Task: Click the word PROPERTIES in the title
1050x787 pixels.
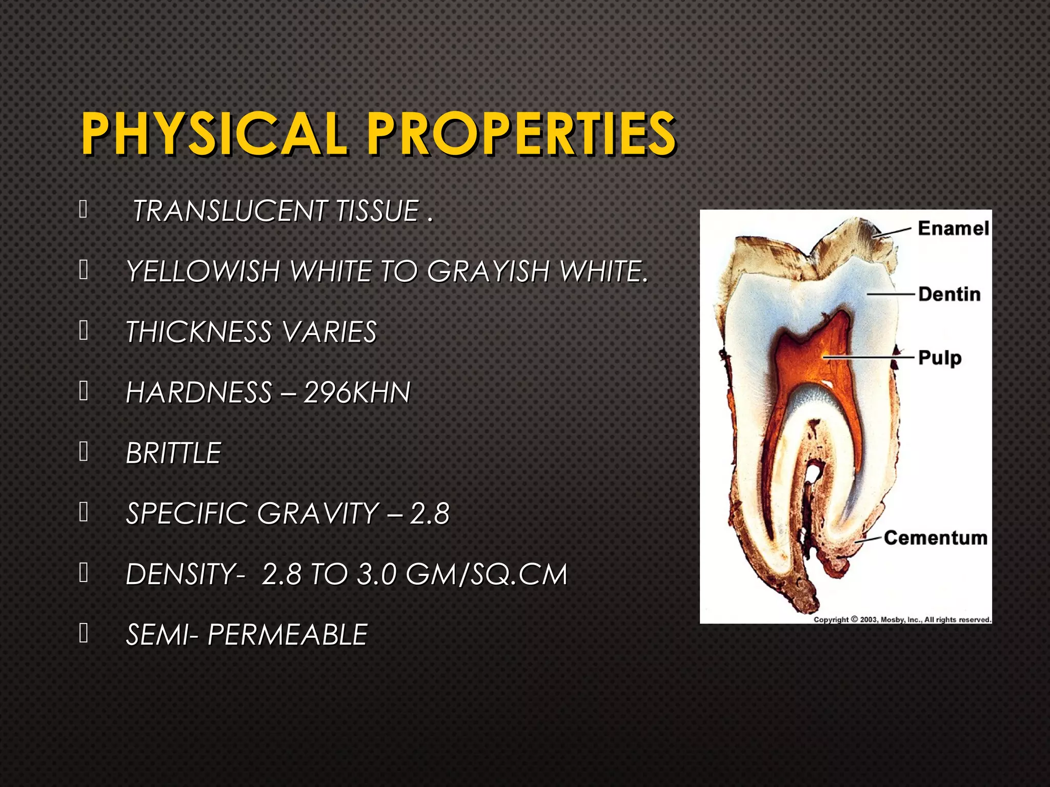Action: coord(521,134)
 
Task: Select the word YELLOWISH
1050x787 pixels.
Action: coord(203,271)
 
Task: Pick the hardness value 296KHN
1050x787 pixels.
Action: coord(357,393)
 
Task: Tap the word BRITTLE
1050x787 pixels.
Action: coord(173,453)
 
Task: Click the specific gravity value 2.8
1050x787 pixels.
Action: coord(430,514)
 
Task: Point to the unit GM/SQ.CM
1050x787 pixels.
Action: coord(487,574)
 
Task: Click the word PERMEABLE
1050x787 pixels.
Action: coord(288,635)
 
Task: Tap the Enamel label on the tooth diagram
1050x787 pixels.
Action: coord(953,229)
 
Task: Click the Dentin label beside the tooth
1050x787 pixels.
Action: coord(949,295)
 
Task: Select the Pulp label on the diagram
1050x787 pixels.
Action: coord(939,358)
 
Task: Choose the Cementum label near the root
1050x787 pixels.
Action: coord(935,538)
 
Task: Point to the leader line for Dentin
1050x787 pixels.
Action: coord(891,294)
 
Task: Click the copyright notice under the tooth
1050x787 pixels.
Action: coord(902,619)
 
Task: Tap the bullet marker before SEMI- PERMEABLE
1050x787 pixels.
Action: coord(84,633)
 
